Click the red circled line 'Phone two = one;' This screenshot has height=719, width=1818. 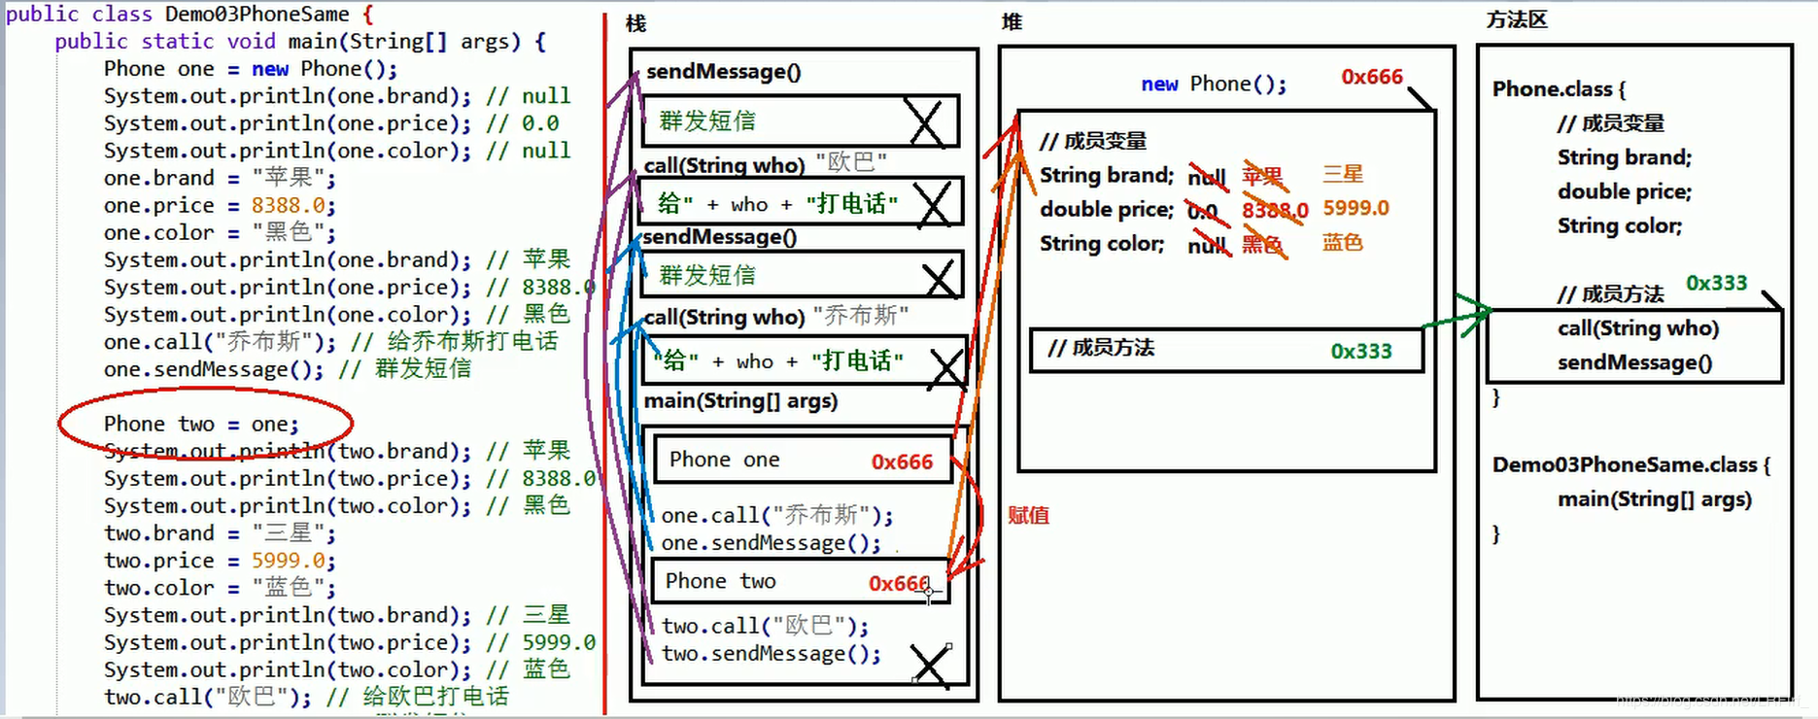(x=201, y=425)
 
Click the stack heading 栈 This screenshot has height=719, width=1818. (x=635, y=22)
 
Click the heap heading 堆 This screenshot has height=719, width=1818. (x=1012, y=21)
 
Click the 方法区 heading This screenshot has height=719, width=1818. (x=1516, y=19)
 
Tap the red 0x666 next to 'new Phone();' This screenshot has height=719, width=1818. (x=1371, y=77)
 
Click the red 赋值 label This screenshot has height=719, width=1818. (x=1028, y=515)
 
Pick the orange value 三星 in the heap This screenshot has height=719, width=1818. (x=1343, y=174)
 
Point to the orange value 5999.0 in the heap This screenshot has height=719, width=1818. (x=1355, y=208)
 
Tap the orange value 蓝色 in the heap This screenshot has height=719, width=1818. (x=1342, y=242)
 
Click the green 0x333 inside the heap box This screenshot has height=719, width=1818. (x=1360, y=351)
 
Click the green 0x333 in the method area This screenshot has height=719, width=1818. (x=1716, y=283)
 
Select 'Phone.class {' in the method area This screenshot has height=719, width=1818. (x=1559, y=89)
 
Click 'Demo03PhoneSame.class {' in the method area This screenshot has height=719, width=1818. (x=1630, y=464)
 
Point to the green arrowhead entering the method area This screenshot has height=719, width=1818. (x=1482, y=311)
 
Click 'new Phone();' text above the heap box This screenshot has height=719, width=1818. (x=1214, y=85)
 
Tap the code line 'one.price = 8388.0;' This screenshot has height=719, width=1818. (x=220, y=206)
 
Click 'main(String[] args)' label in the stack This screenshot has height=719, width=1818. (x=740, y=400)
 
